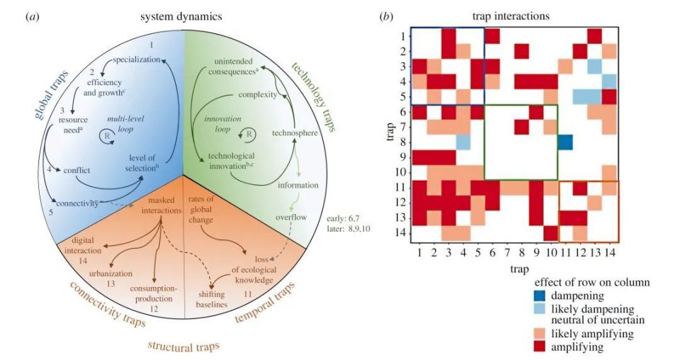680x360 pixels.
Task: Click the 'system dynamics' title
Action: click(x=183, y=13)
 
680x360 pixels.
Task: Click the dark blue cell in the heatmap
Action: click(x=565, y=141)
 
